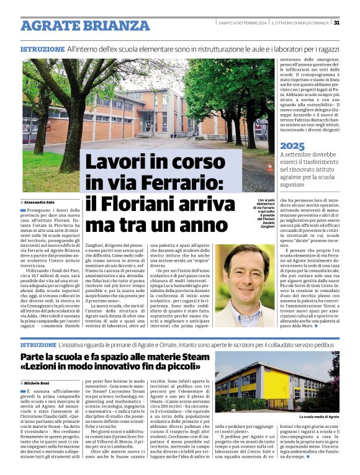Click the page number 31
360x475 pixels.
336,24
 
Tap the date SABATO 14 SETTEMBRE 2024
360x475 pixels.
243,24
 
